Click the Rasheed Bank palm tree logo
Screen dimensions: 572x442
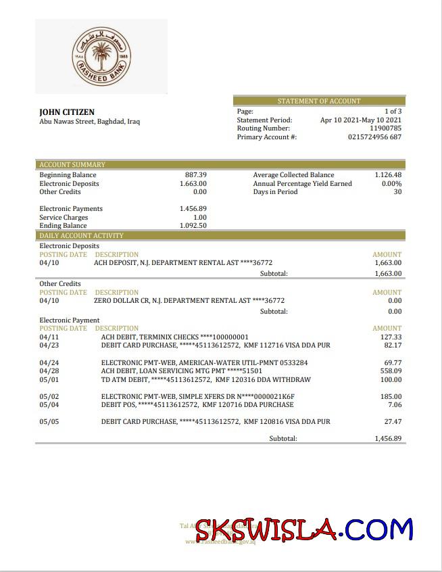pyautogui.click(x=101, y=56)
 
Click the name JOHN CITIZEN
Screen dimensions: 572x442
pyautogui.click(x=67, y=112)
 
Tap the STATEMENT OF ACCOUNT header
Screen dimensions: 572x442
pyautogui.click(x=319, y=101)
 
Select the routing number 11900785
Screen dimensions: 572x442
pyautogui.click(x=385, y=128)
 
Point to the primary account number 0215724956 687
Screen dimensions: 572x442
pyautogui.click(x=374, y=137)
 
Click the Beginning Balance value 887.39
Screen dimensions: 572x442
pyautogui.click(x=196, y=175)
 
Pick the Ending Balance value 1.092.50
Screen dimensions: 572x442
pyautogui.click(x=193, y=226)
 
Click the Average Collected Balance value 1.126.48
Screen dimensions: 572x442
pyautogui.click(x=388, y=175)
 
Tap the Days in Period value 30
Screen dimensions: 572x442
pyautogui.click(x=397, y=192)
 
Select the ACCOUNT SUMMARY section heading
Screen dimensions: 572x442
pyautogui.click(x=72, y=165)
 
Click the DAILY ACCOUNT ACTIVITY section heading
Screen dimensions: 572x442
pyautogui.click(x=81, y=236)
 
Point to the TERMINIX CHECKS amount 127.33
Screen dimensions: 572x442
pyautogui.click(x=391, y=337)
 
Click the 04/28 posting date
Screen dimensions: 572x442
pyautogui.click(x=49, y=371)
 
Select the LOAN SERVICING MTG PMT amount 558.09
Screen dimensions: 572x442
pyautogui.click(x=391, y=371)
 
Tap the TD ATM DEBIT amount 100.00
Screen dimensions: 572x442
pyautogui.click(x=391, y=379)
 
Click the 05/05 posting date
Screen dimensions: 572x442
pyautogui.click(x=49, y=422)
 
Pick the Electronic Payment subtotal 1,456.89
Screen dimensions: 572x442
pyautogui.click(x=388, y=439)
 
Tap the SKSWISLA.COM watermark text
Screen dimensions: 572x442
pyautogui.click(x=304, y=529)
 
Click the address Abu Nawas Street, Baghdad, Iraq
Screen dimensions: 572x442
pyautogui.click(x=90, y=122)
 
